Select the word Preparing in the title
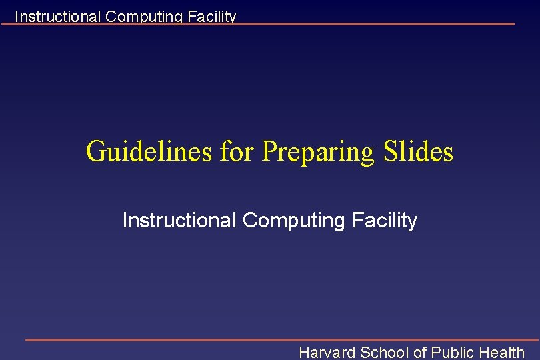tap(319, 153)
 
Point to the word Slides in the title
tap(419, 151)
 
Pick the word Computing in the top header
tap(145, 17)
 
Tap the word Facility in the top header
tap(212, 17)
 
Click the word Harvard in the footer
tap(327, 352)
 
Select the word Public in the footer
tap(453, 352)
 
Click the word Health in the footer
tap(502, 352)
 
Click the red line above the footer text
tap(280, 339)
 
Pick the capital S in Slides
tap(391, 151)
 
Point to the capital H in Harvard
tap(305, 352)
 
